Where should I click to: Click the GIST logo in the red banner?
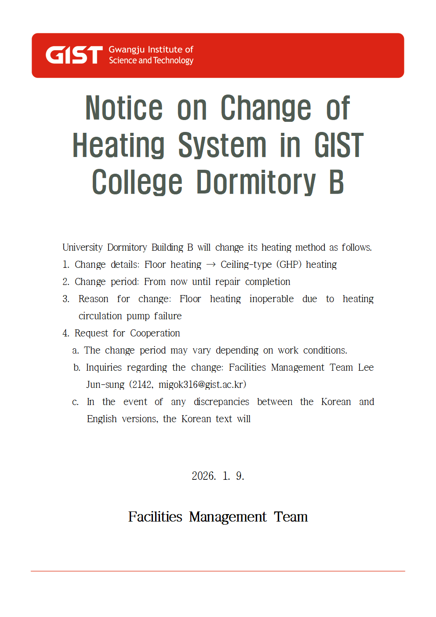click(74, 55)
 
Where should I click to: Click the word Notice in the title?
click(124, 108)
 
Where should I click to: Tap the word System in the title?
click(222, 146)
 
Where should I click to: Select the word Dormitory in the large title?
click(256, 183)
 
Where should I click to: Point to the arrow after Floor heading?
click(211, 265)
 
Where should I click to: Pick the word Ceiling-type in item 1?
click(246, 265)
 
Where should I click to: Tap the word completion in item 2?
click(268, 282)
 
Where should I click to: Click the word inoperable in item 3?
click(271, 299)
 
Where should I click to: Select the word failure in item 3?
click(167, 316)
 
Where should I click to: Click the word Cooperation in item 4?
click(155, 333)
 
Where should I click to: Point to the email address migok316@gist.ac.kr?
click(202, 385)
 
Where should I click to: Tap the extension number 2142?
click(142, 385)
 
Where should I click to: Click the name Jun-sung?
click(105, 385)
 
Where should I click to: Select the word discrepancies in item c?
click(221, 402)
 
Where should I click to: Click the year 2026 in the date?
click(203, 476)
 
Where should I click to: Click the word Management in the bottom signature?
click(228, 517)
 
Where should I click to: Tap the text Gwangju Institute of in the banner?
click(151, 50)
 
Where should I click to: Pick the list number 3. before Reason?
click(66, 299)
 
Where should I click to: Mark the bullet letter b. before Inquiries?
click(77, 368)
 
